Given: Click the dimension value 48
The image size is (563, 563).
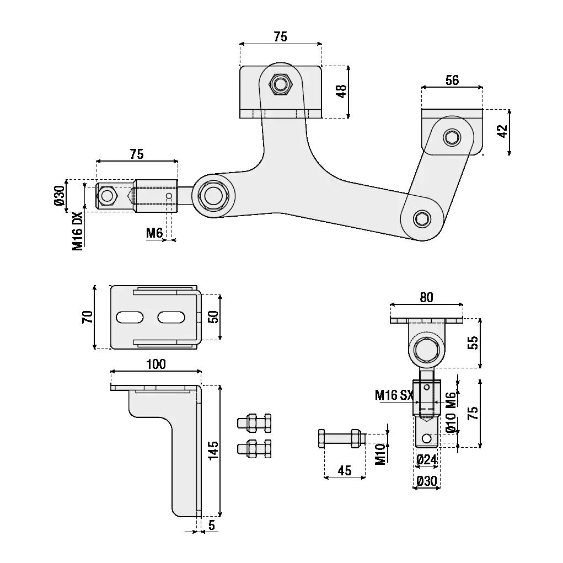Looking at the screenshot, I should point(341,91).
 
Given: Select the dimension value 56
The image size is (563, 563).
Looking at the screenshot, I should point(452,81).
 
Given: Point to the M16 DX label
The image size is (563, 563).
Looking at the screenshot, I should point(78,230).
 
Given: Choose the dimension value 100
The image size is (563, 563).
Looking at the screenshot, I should point(156,364).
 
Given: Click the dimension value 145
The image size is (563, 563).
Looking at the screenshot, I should point(214,449).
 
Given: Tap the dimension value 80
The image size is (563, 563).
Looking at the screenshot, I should point(426,298).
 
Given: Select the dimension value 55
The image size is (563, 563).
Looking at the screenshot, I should point(472,343).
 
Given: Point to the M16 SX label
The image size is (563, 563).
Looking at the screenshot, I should point(394,395).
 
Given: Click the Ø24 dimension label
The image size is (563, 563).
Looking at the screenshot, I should point(426,459).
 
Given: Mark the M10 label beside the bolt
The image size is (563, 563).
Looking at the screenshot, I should point(380,453).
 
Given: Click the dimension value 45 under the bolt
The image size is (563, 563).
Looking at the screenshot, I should point(344,470).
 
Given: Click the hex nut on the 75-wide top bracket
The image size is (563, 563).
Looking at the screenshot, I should point(281,85).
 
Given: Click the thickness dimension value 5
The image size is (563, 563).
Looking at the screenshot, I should point(212,525).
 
